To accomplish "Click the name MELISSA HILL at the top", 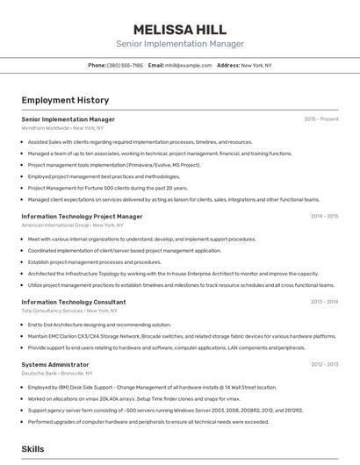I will tap(180, 29).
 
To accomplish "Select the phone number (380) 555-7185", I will tap(125, 65).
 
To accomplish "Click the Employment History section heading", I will tap(65, 100).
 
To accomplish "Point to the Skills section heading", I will tap(33, 448).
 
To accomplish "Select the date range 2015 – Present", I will tap(321, 118).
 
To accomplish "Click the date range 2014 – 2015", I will tap(324, 216).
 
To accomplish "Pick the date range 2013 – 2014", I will tap(324, 302).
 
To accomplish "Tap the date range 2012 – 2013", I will tap(324, 364).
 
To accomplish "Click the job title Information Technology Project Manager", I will tap(82, 216).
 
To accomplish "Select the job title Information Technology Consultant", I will tap(74, 302).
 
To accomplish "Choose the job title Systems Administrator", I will tap(55, 364).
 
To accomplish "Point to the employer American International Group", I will tap(68, 225).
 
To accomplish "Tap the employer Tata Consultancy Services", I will tap(69, 311).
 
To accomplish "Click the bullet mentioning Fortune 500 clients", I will tap(108, 188).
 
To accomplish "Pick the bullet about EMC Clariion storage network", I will tap(182, 336).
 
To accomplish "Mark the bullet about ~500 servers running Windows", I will tap(165, 410).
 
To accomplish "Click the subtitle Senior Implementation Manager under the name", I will tap(180, 44).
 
